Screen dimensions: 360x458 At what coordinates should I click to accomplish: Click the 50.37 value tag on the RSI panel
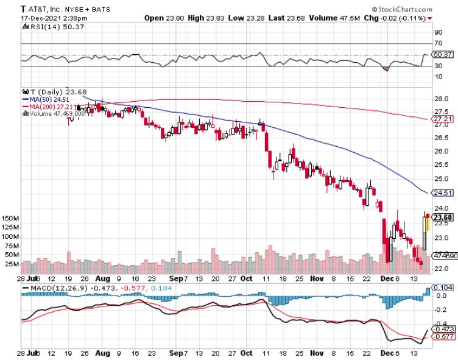pos(442,55)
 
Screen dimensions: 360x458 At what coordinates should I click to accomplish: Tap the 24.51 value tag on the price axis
pos(442,193)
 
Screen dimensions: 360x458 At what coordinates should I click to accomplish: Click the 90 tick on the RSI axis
pos(437,32)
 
